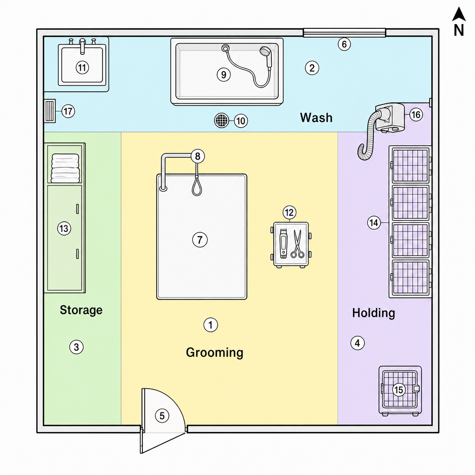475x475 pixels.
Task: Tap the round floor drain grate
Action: point(222,121)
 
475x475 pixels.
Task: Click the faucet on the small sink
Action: point(82,46)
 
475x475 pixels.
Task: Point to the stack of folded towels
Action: point(65,168)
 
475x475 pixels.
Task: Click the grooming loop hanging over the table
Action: point(197,186)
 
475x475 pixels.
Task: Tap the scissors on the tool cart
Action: point(297,244)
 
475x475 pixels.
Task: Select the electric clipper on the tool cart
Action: point(283,243)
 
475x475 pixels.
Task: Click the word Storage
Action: point(81,310)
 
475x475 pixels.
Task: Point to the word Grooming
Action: point(214,353)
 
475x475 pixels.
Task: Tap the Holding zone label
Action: point(373,313)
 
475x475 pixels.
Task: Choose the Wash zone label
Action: point(316,117)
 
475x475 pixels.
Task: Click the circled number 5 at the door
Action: point(162,416)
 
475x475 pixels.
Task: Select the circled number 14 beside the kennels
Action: point(374,223)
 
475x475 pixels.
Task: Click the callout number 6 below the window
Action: point(344,44)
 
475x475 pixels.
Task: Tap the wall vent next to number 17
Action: point(50,111)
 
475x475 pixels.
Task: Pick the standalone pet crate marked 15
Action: point(400,390)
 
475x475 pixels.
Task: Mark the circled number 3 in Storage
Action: point(77,347)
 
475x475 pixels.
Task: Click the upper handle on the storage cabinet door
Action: point(77,209)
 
